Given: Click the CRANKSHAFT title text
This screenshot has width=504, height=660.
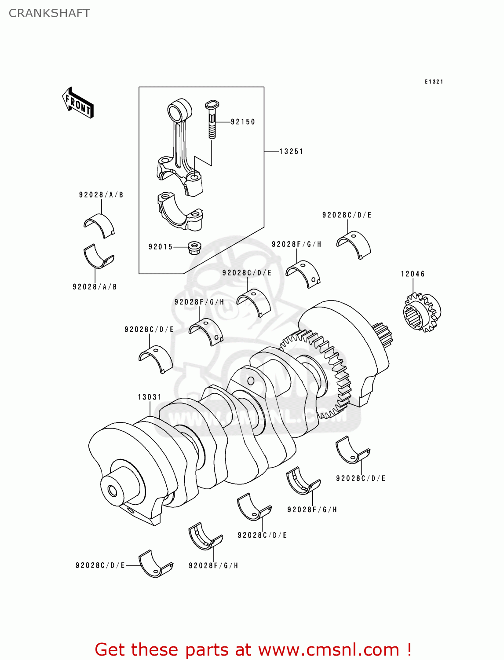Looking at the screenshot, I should [x=49, y=13].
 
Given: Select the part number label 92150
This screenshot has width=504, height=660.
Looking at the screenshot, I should [x=242, y=122].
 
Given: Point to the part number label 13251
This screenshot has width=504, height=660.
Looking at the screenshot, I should [x=291, y=151].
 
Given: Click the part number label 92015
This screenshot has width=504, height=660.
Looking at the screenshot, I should [x=161, y=247].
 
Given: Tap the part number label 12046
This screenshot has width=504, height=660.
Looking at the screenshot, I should [x=413, y=274].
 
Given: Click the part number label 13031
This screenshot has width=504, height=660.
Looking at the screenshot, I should [x=150, y=397].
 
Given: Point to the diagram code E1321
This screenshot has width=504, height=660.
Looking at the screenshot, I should [x=434, y=82].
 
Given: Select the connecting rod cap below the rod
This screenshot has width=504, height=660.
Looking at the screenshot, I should [x=180, y=211].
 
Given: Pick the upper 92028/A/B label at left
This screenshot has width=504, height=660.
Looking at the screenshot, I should [x=101, y=195].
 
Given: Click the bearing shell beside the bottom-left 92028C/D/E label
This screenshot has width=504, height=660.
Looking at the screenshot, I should [x=156, y=563].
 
